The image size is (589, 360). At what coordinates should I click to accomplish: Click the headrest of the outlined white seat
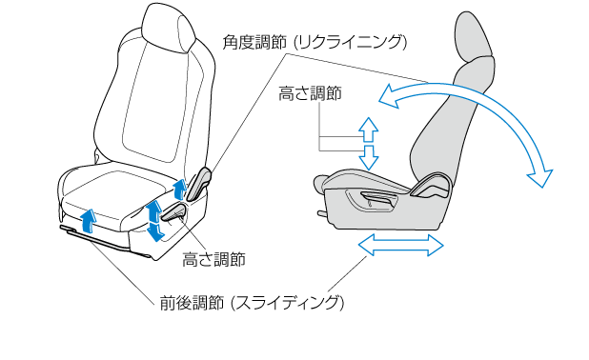pos(169,29)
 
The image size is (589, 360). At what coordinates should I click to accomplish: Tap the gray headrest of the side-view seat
pos(473,35)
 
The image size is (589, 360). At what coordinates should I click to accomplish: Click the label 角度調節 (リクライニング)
pos(315,43)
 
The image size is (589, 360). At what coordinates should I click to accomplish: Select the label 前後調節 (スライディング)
pos(252,303)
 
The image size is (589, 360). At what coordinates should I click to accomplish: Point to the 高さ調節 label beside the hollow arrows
pos(310,93)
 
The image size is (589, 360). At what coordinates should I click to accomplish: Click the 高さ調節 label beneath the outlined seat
pos(213,259)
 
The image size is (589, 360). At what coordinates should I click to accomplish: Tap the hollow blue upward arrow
pos(368,130)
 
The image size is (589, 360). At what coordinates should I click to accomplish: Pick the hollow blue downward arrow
pos(368,157)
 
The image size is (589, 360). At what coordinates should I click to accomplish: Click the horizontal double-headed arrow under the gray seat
pos(401,245)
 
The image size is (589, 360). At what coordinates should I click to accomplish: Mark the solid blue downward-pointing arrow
pos(154,232)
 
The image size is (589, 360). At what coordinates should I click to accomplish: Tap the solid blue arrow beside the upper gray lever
pos(179,190)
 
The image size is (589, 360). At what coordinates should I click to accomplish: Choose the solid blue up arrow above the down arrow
pos(153,211)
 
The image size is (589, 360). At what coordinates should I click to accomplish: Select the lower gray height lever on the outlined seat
pos(173,212)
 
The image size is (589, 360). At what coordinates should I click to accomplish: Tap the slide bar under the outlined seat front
pos(97,239)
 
